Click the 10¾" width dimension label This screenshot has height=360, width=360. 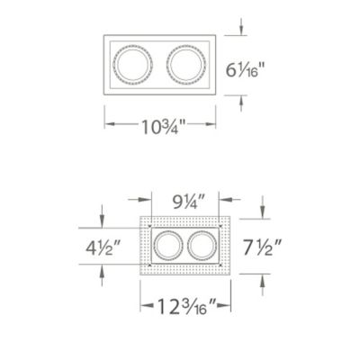tap(163, 126)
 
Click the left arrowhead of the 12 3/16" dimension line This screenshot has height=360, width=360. tap(143, 308)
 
